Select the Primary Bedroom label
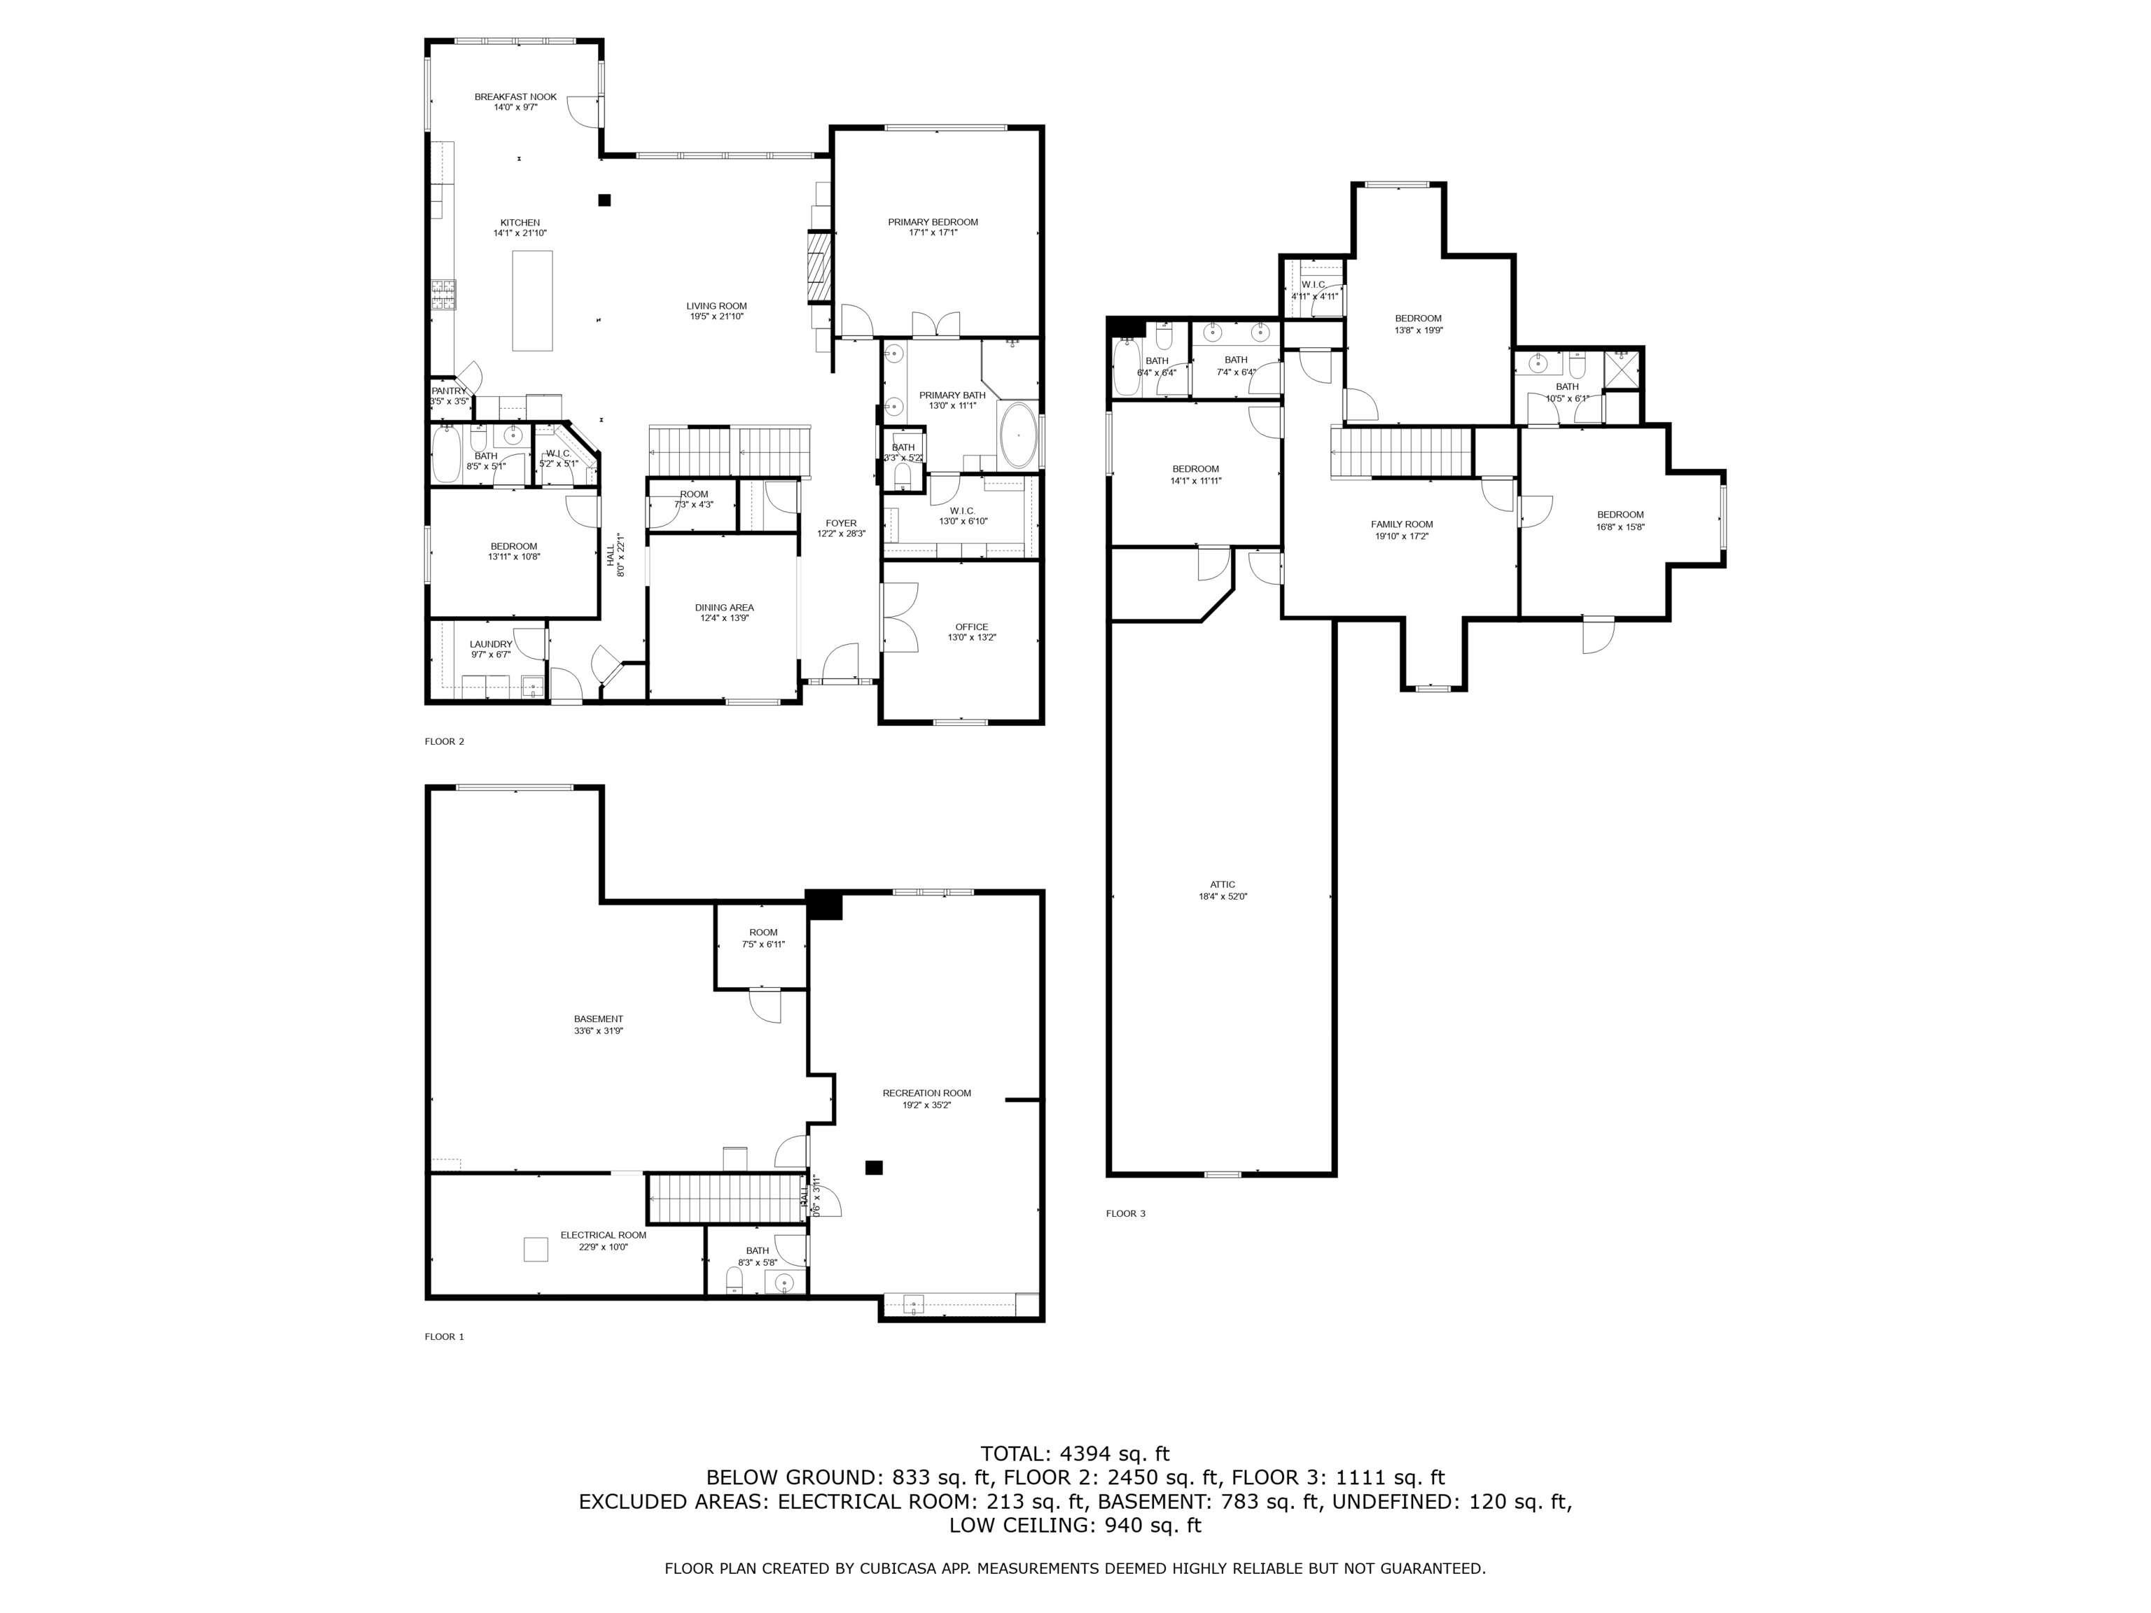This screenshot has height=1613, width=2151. (x=933, y=223)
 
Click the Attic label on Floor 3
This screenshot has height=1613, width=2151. (x=1223, y=885)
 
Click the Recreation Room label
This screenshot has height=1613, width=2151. (x=927, y=1093)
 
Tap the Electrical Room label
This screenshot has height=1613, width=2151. (x=603, y=1236)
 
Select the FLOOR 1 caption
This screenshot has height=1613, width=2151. (x=445, y=1337)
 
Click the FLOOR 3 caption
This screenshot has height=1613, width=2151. (x=1125, y=1213)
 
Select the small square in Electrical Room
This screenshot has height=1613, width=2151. (x=536, y=1250)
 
